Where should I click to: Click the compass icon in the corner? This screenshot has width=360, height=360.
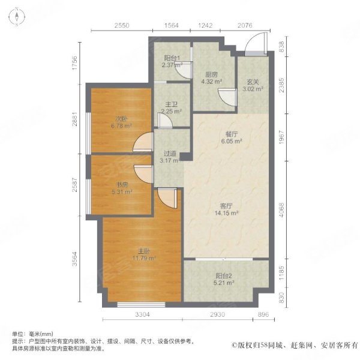pyautogui.click(x=17, y=17)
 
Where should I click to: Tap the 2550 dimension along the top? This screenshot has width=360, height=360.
pyautogui.click(x=122, y=25)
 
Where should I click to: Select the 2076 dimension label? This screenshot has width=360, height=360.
pyautogui.click(x=245, y=25)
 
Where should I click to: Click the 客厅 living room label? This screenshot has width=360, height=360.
pyautogui.click(x=226, y=206)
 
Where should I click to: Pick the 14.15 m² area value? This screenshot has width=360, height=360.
pyautogui.click(x=226, y=213)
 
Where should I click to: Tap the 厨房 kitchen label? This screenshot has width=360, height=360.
pyautogui.click(x=211, y=74)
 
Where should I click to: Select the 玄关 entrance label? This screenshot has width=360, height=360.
pyautogui.click(x=253, y=82)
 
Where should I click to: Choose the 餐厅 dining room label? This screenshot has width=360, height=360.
pyautogui.click(x=232, y=134)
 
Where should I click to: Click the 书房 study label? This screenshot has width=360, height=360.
pyautogui.click(x=122, y=185)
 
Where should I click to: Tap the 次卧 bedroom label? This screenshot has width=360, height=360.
pyautogui.click(x=121, y=119)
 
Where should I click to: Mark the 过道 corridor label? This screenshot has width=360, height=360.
pyautogui.click(x=170, y=153)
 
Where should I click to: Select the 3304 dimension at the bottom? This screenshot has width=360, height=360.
pyautogui.click(x=142, y=314)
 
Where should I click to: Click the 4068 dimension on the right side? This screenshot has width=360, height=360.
pyautogui.click(x=281, y=210)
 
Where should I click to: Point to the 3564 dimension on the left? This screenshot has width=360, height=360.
pyautogui.click(x=75, y=259)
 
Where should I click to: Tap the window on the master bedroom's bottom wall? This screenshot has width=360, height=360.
pyautogui.click(x=141, y=305)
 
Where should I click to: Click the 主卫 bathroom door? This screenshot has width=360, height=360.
pyautogui.click(x=165, y=120)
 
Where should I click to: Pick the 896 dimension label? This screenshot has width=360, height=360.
pyautogui.click(x=263, y=314)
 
